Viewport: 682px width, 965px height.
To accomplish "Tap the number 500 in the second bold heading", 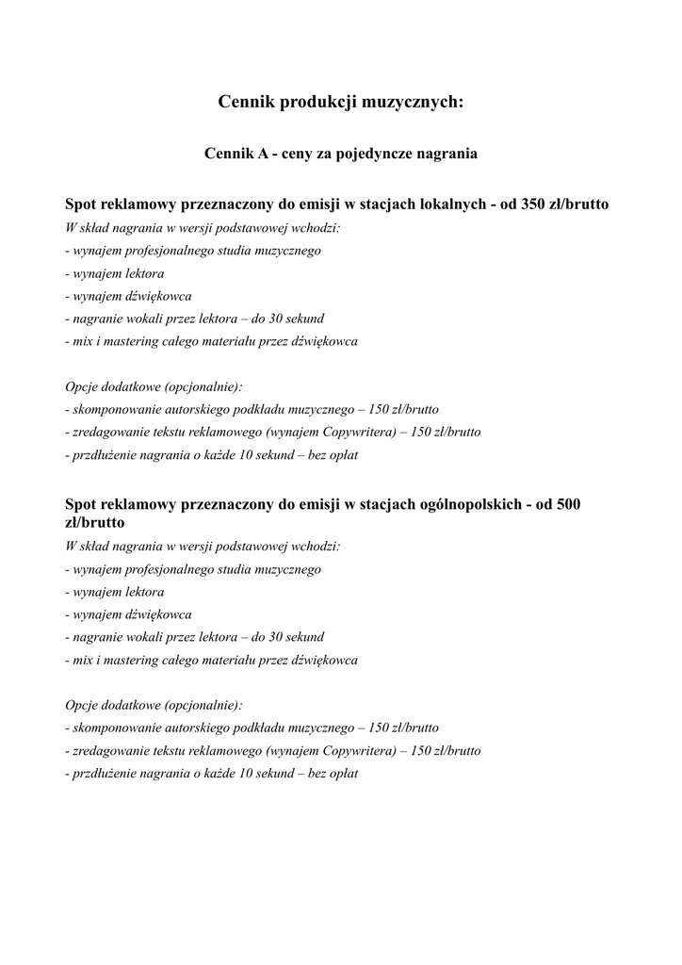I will pos(568,504).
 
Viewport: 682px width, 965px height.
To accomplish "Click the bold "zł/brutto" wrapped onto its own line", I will pos(95,522).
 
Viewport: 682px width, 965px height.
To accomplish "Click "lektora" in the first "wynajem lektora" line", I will pos(142,274).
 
